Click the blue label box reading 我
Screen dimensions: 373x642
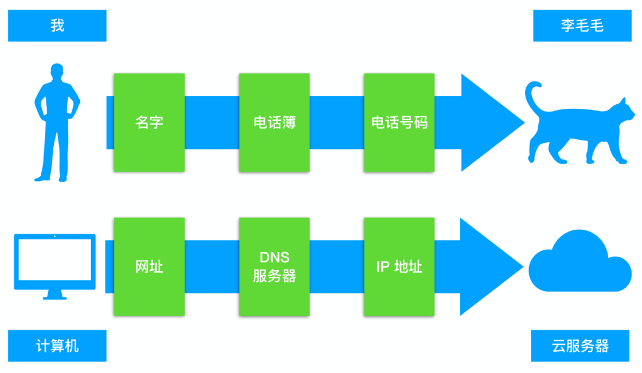tap(57, 26)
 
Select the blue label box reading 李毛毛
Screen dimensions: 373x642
tap(582, 26)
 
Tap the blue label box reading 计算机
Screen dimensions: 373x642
tap(57, 346)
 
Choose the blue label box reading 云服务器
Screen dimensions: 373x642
tap(580, 346)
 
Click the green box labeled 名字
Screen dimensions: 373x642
tap(149, 123)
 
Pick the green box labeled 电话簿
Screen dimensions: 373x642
tap(275, 123)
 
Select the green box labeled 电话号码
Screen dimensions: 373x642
tap(400, 123)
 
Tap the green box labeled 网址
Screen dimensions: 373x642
tap(149, 267)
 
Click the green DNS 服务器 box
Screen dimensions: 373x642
tap(275, 267)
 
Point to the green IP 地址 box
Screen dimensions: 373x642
tap(400, 267)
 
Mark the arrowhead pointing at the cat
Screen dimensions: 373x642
tap(490, 123)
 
